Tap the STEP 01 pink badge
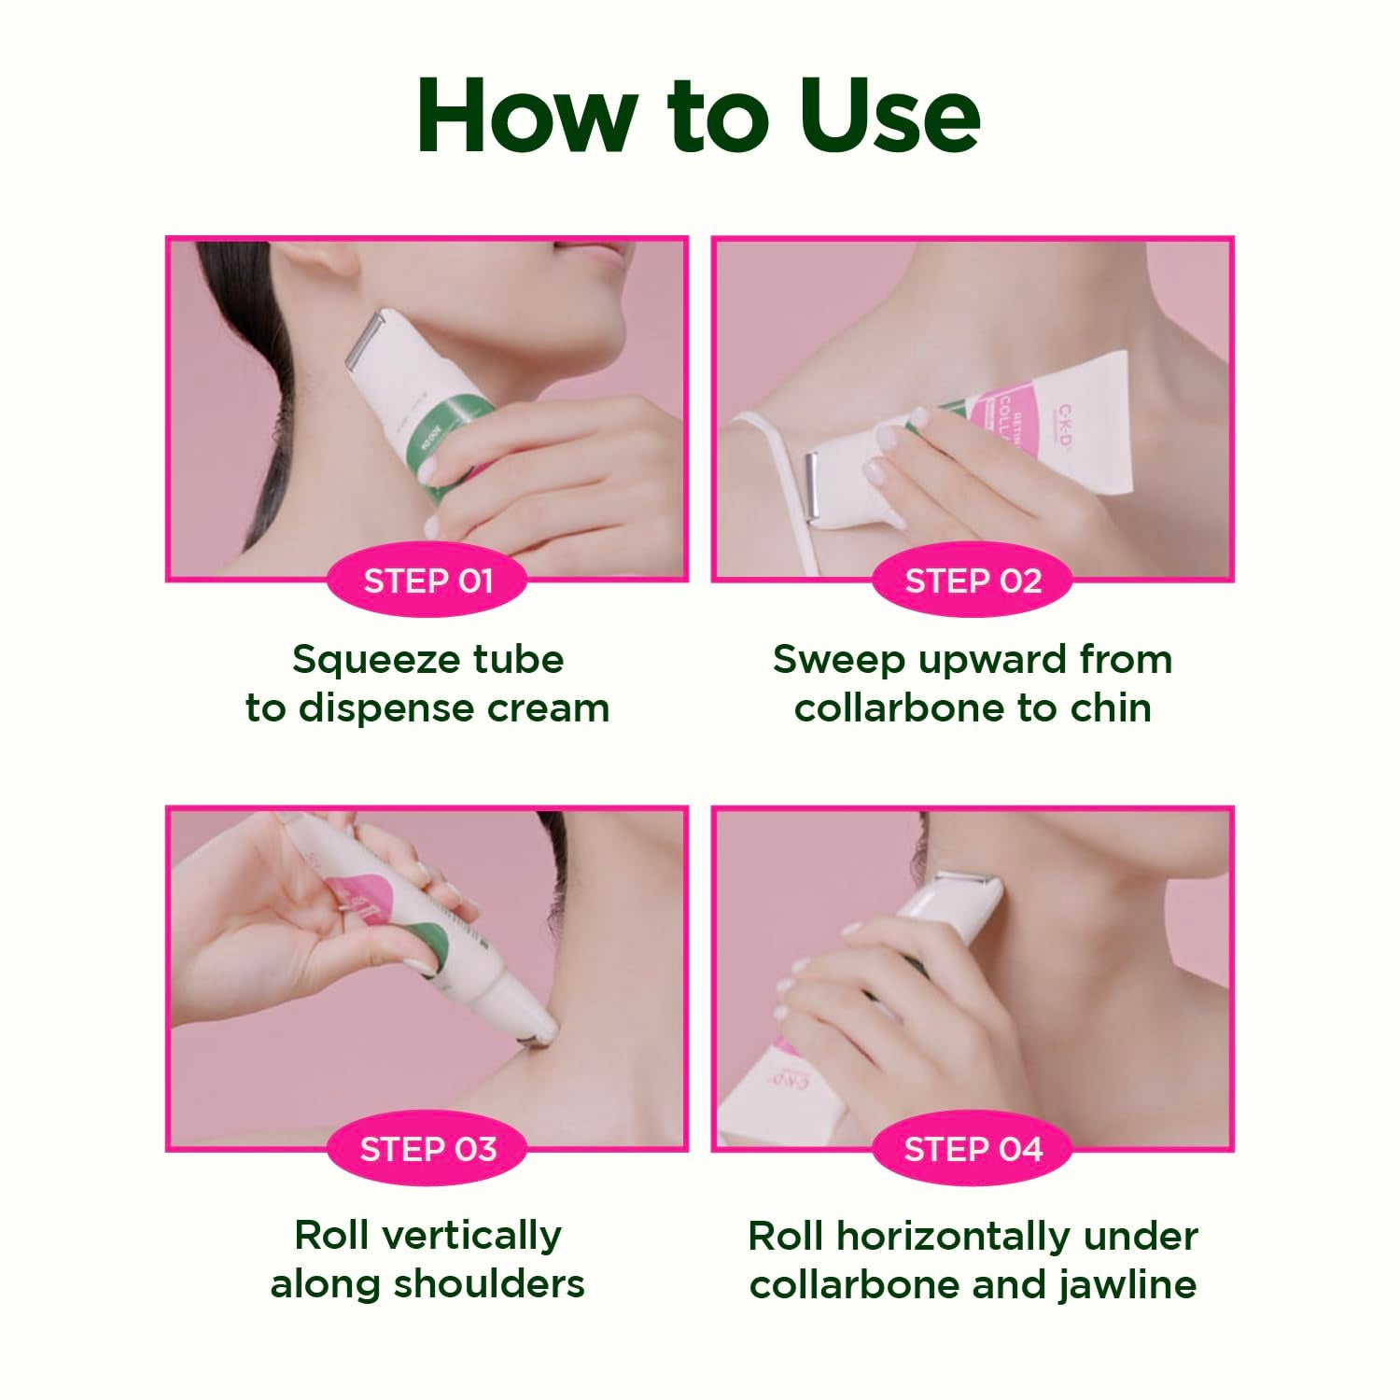click(x=427, y=581)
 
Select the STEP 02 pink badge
click(x=973, y=581)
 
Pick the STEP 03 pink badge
click(x=427, y=1149)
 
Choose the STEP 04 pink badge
click(x=973, y=1149)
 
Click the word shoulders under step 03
click(x=489, y=1284)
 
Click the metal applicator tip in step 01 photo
click(x=364, y=340)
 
